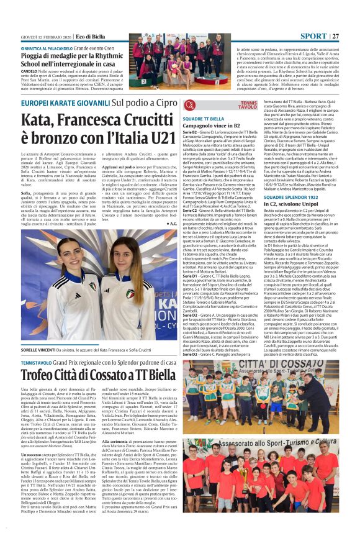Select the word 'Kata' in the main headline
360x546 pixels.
(x=38, y=117)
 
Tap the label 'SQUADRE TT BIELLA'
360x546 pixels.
(x=203, y=118)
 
